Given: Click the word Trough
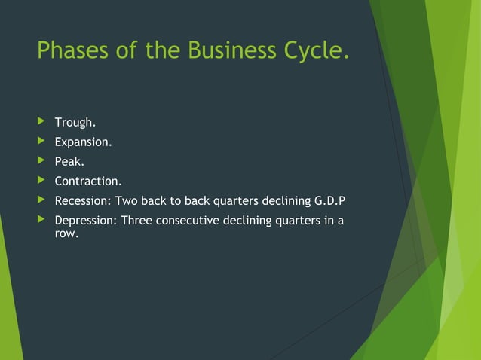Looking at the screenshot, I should [x=75, y=122].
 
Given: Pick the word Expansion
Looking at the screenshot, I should [x=83, y=142].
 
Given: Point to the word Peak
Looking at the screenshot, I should [x=69, y=161].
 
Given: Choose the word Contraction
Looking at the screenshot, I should [x=87, y=181].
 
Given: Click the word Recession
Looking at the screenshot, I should [x=82, y=200].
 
